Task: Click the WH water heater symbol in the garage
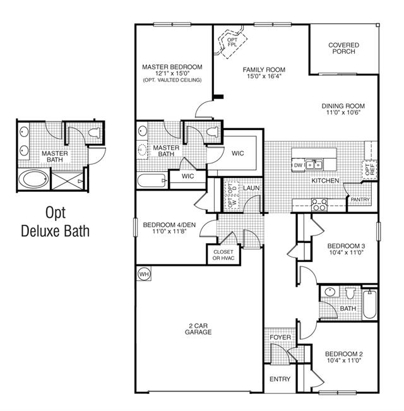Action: [144, 274]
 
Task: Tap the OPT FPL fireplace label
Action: [232, 42]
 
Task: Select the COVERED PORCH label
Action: [344, 48]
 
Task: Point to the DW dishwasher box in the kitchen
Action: [299, 165]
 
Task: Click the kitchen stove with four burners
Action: [319, 205]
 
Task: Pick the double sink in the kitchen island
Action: [314, 165]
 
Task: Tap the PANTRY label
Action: [360, 200]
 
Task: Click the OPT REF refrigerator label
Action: [370, 169]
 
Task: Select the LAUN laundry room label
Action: [251, 188]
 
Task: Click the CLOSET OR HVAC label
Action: [223, 255]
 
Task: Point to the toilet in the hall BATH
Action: [350, 294]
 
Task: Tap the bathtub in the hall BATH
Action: [370, 304]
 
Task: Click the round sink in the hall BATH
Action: [329, 292]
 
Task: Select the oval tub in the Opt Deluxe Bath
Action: [34, 179]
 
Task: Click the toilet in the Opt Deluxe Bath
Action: [94, 133]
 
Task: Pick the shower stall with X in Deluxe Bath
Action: [67, 181]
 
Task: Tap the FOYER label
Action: [280, 337]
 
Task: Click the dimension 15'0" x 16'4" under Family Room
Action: [264, 76]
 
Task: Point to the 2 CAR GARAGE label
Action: [198, 329]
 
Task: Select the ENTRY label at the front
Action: [280, 379]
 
